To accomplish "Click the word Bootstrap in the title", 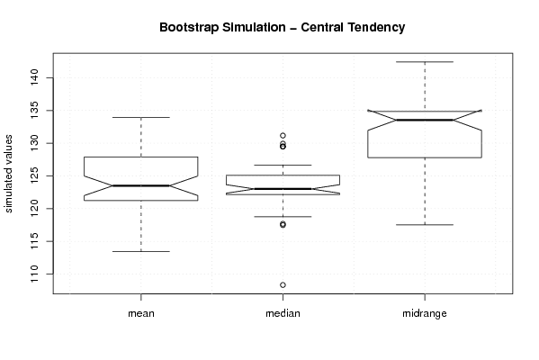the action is (189, 28).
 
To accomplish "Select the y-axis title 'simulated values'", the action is (8, 174).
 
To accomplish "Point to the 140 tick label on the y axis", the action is (35, 77).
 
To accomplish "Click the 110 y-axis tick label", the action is (35, 274).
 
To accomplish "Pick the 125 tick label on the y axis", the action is (35, 175).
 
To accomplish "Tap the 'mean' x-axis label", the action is (141, 313).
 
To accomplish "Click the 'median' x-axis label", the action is (283, 313).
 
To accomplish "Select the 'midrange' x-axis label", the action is (425, 313).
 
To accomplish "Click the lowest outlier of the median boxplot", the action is (283, 284).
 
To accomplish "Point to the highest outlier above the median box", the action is (283, 136).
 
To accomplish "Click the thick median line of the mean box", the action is (141, 185).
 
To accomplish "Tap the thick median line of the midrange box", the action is (425, 120).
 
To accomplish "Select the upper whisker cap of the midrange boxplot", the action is (425, 62).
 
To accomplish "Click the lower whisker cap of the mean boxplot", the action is (141, 251).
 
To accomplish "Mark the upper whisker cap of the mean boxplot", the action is (141, 117).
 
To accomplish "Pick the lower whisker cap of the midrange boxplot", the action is (425, 224).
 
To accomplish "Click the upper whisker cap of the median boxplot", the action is (283, 165).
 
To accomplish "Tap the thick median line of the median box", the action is (283, 189).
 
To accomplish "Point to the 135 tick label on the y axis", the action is (35, 111).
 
